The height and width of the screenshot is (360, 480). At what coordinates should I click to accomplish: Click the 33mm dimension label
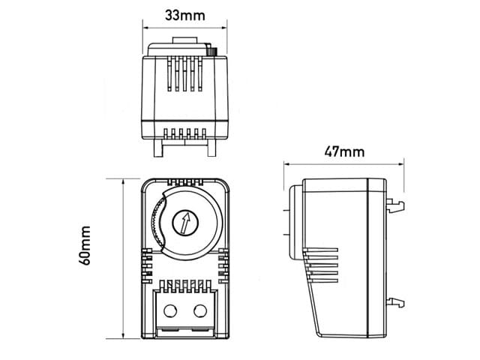[x=184, y=14]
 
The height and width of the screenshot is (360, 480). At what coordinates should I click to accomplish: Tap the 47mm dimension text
[x=344, y=151]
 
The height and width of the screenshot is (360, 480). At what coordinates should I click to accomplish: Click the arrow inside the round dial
[x=182, y=222]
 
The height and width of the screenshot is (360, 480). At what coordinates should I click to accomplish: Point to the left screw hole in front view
[x=169, y=310]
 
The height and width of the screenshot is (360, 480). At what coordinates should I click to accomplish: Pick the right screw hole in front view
[x=200, y=310]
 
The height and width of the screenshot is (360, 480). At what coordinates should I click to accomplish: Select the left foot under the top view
[x=157, y=148]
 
